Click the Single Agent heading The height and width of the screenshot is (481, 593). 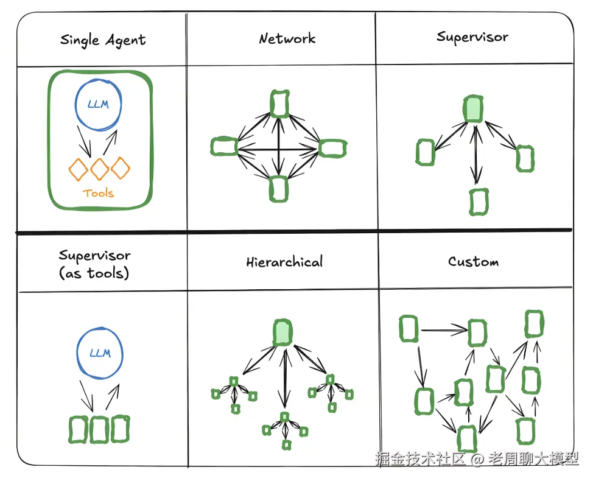click(103, 41)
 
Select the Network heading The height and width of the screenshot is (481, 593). click(287, 39)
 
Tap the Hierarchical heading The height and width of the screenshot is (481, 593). click(284, 262)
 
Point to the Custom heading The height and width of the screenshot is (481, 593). click(473, 262)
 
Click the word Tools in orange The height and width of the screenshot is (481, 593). click(99, 193)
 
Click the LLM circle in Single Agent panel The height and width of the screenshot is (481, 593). click(99, 104)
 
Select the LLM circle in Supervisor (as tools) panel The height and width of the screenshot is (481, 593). click(100, 354)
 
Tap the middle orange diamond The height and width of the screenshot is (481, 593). click(100, 169)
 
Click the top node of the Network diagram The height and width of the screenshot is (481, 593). click(279, 104)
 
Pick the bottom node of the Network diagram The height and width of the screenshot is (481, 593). click(278, 189)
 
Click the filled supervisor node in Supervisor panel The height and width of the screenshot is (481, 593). click(472, 108)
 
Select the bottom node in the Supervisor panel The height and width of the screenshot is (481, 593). click(479, 202)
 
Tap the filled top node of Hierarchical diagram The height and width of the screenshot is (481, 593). click(282, 332)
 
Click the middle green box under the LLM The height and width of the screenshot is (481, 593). click(99, 429)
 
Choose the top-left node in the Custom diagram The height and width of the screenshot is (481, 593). click(409, 329)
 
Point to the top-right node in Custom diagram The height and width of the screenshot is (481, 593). click(534, 323)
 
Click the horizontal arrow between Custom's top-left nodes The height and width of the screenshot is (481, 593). click(444, 331)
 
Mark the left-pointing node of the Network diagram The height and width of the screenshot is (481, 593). click(223, 147)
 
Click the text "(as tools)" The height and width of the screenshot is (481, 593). click(94, 273)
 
